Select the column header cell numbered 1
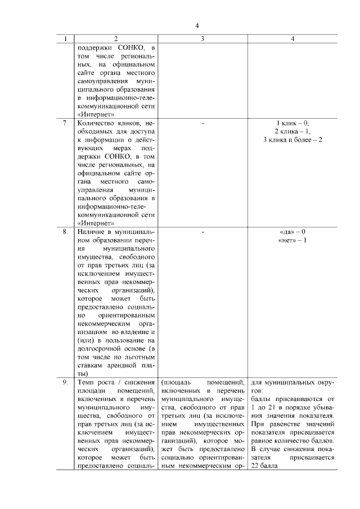[x=66, y=39]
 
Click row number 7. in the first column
[x=65, y=123]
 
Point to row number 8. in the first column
[x=65, y=232]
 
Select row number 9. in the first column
[x=65, y=382]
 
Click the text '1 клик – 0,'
[x=292, y=123]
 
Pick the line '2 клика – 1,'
[x=292, y=131]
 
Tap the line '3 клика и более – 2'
[x=292, y=139]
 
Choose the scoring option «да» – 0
[x=292, y=232]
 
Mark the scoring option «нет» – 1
[x=292, y=240]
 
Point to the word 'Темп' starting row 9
[x=85, y=382]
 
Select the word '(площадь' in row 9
[x=177, y=382]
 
